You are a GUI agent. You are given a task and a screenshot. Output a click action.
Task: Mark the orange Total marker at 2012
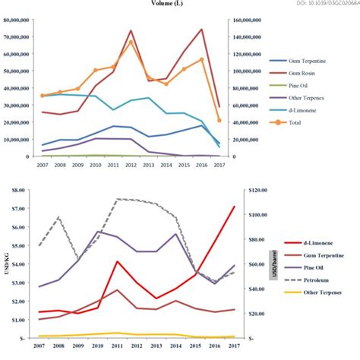click(x=131, y=42)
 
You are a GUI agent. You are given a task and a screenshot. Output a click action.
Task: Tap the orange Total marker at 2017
click(x=219, y=120)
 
